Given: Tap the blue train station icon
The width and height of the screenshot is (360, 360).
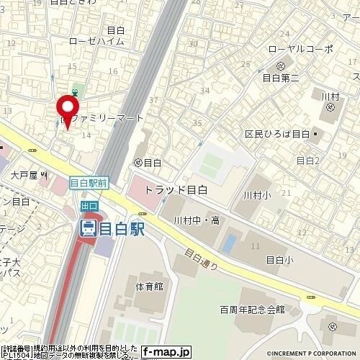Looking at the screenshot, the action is tap(88, 229).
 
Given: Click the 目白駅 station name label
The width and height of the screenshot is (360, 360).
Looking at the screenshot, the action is tap(121, 229).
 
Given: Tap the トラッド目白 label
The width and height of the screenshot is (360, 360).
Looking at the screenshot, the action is tap(176, 190).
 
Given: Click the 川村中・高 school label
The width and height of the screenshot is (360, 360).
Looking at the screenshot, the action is tap(197, 220).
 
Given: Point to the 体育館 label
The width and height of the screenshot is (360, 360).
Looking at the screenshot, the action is tap(149, 286).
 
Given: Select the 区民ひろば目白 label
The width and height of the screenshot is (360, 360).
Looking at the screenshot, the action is tap(276, 135).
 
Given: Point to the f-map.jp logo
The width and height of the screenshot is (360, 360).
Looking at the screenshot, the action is tap(166, 352).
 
